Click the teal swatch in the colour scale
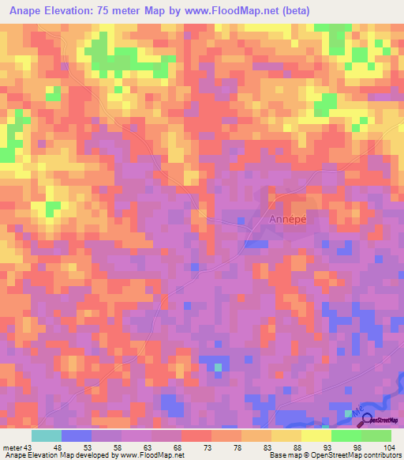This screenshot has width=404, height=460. click(x=47, y=435)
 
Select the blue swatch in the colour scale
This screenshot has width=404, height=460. click(x=77, y=435)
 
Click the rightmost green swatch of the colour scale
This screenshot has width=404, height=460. click(x=376, y=435)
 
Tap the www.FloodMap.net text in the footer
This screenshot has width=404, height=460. click(x=151, y=455)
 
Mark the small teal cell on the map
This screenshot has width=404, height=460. click(x=219, y=366)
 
